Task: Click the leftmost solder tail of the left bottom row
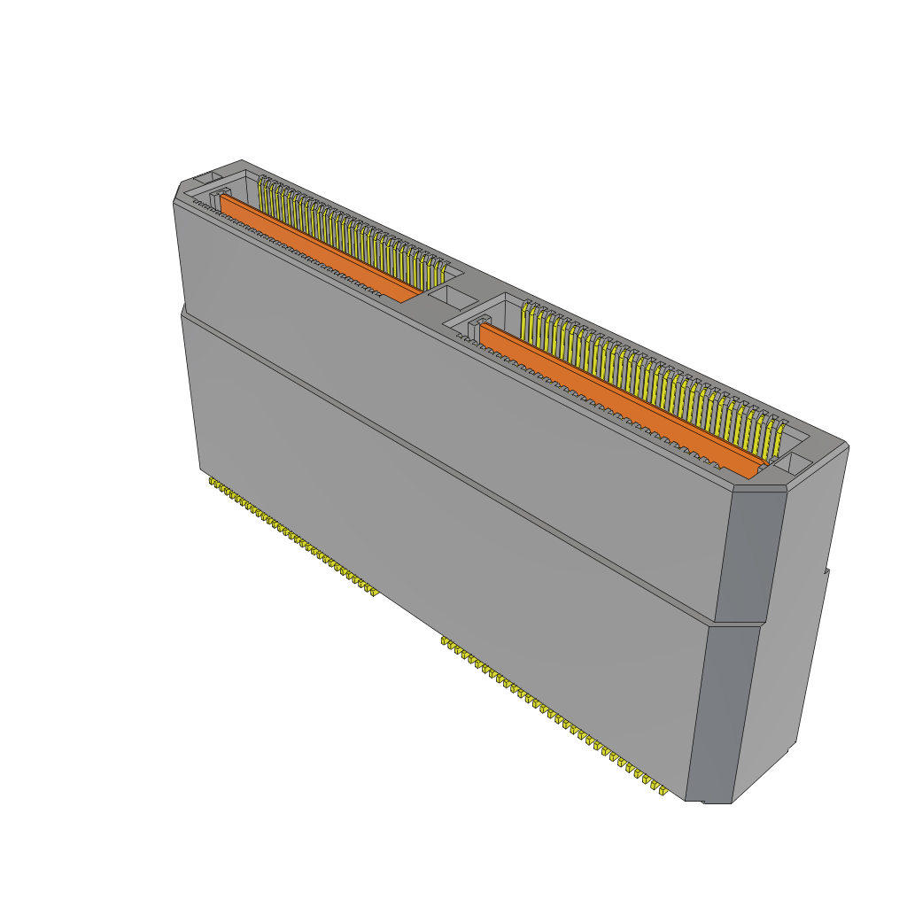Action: [x=213, y=483]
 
